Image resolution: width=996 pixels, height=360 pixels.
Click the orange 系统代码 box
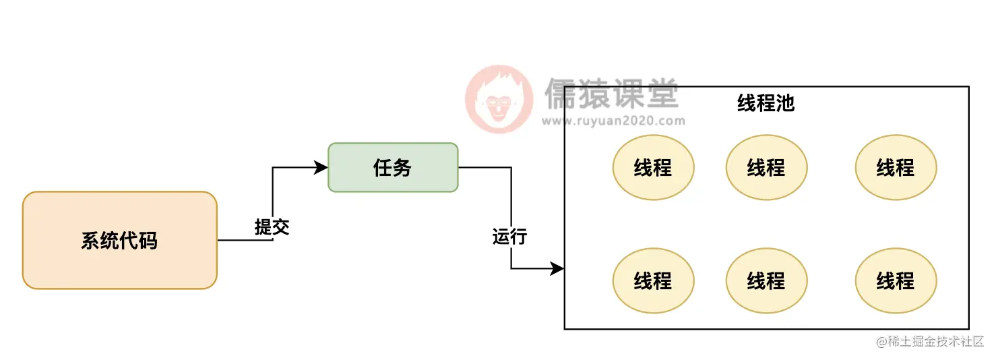coord(120,240)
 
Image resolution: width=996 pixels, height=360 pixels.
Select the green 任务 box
coord(393,167)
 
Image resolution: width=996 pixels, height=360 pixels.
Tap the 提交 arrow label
coord(272,227)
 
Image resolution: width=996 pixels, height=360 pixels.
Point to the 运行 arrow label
coord(509,237)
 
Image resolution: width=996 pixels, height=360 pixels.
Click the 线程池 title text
coord(766,103)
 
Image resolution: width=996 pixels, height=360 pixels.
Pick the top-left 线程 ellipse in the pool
coord(653,167)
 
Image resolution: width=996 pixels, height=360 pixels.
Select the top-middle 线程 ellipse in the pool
coord(766,167)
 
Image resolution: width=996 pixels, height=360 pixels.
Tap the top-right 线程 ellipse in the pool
coord(896,167)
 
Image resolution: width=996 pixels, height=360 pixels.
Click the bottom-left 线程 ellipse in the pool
coord(653,280)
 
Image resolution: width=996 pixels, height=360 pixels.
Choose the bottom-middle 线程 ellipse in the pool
coord(766,280)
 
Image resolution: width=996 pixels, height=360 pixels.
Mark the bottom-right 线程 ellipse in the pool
coord(896,280)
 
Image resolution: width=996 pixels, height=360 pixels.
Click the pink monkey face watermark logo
coord(498,100)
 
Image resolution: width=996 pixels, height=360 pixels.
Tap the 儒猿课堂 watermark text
coord(611,94)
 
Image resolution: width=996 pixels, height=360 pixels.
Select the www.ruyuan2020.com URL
coord(613,121)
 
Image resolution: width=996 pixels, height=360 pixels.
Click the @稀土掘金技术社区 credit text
coord(931,342)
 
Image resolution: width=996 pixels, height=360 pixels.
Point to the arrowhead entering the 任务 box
coord(322,167)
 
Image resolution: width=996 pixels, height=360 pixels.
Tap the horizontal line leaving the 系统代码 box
coord(244,240)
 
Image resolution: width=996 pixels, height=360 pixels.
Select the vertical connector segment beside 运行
coord(511,202)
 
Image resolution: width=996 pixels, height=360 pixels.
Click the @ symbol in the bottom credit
coord(881,342)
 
